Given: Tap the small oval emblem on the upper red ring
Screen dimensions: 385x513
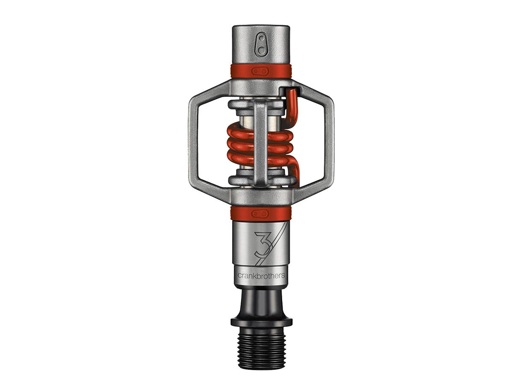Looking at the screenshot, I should (260, 71).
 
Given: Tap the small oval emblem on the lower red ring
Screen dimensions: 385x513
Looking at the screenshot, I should (260, 213).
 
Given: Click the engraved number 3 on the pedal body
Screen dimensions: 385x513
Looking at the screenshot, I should (261, 244).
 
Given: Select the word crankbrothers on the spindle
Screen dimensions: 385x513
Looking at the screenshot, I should (261, 276).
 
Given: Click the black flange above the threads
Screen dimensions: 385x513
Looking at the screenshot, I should (261, 321).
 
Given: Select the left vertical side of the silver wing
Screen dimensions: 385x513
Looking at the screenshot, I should (193, 142).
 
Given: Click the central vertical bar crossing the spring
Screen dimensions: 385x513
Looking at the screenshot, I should (260, 141).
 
